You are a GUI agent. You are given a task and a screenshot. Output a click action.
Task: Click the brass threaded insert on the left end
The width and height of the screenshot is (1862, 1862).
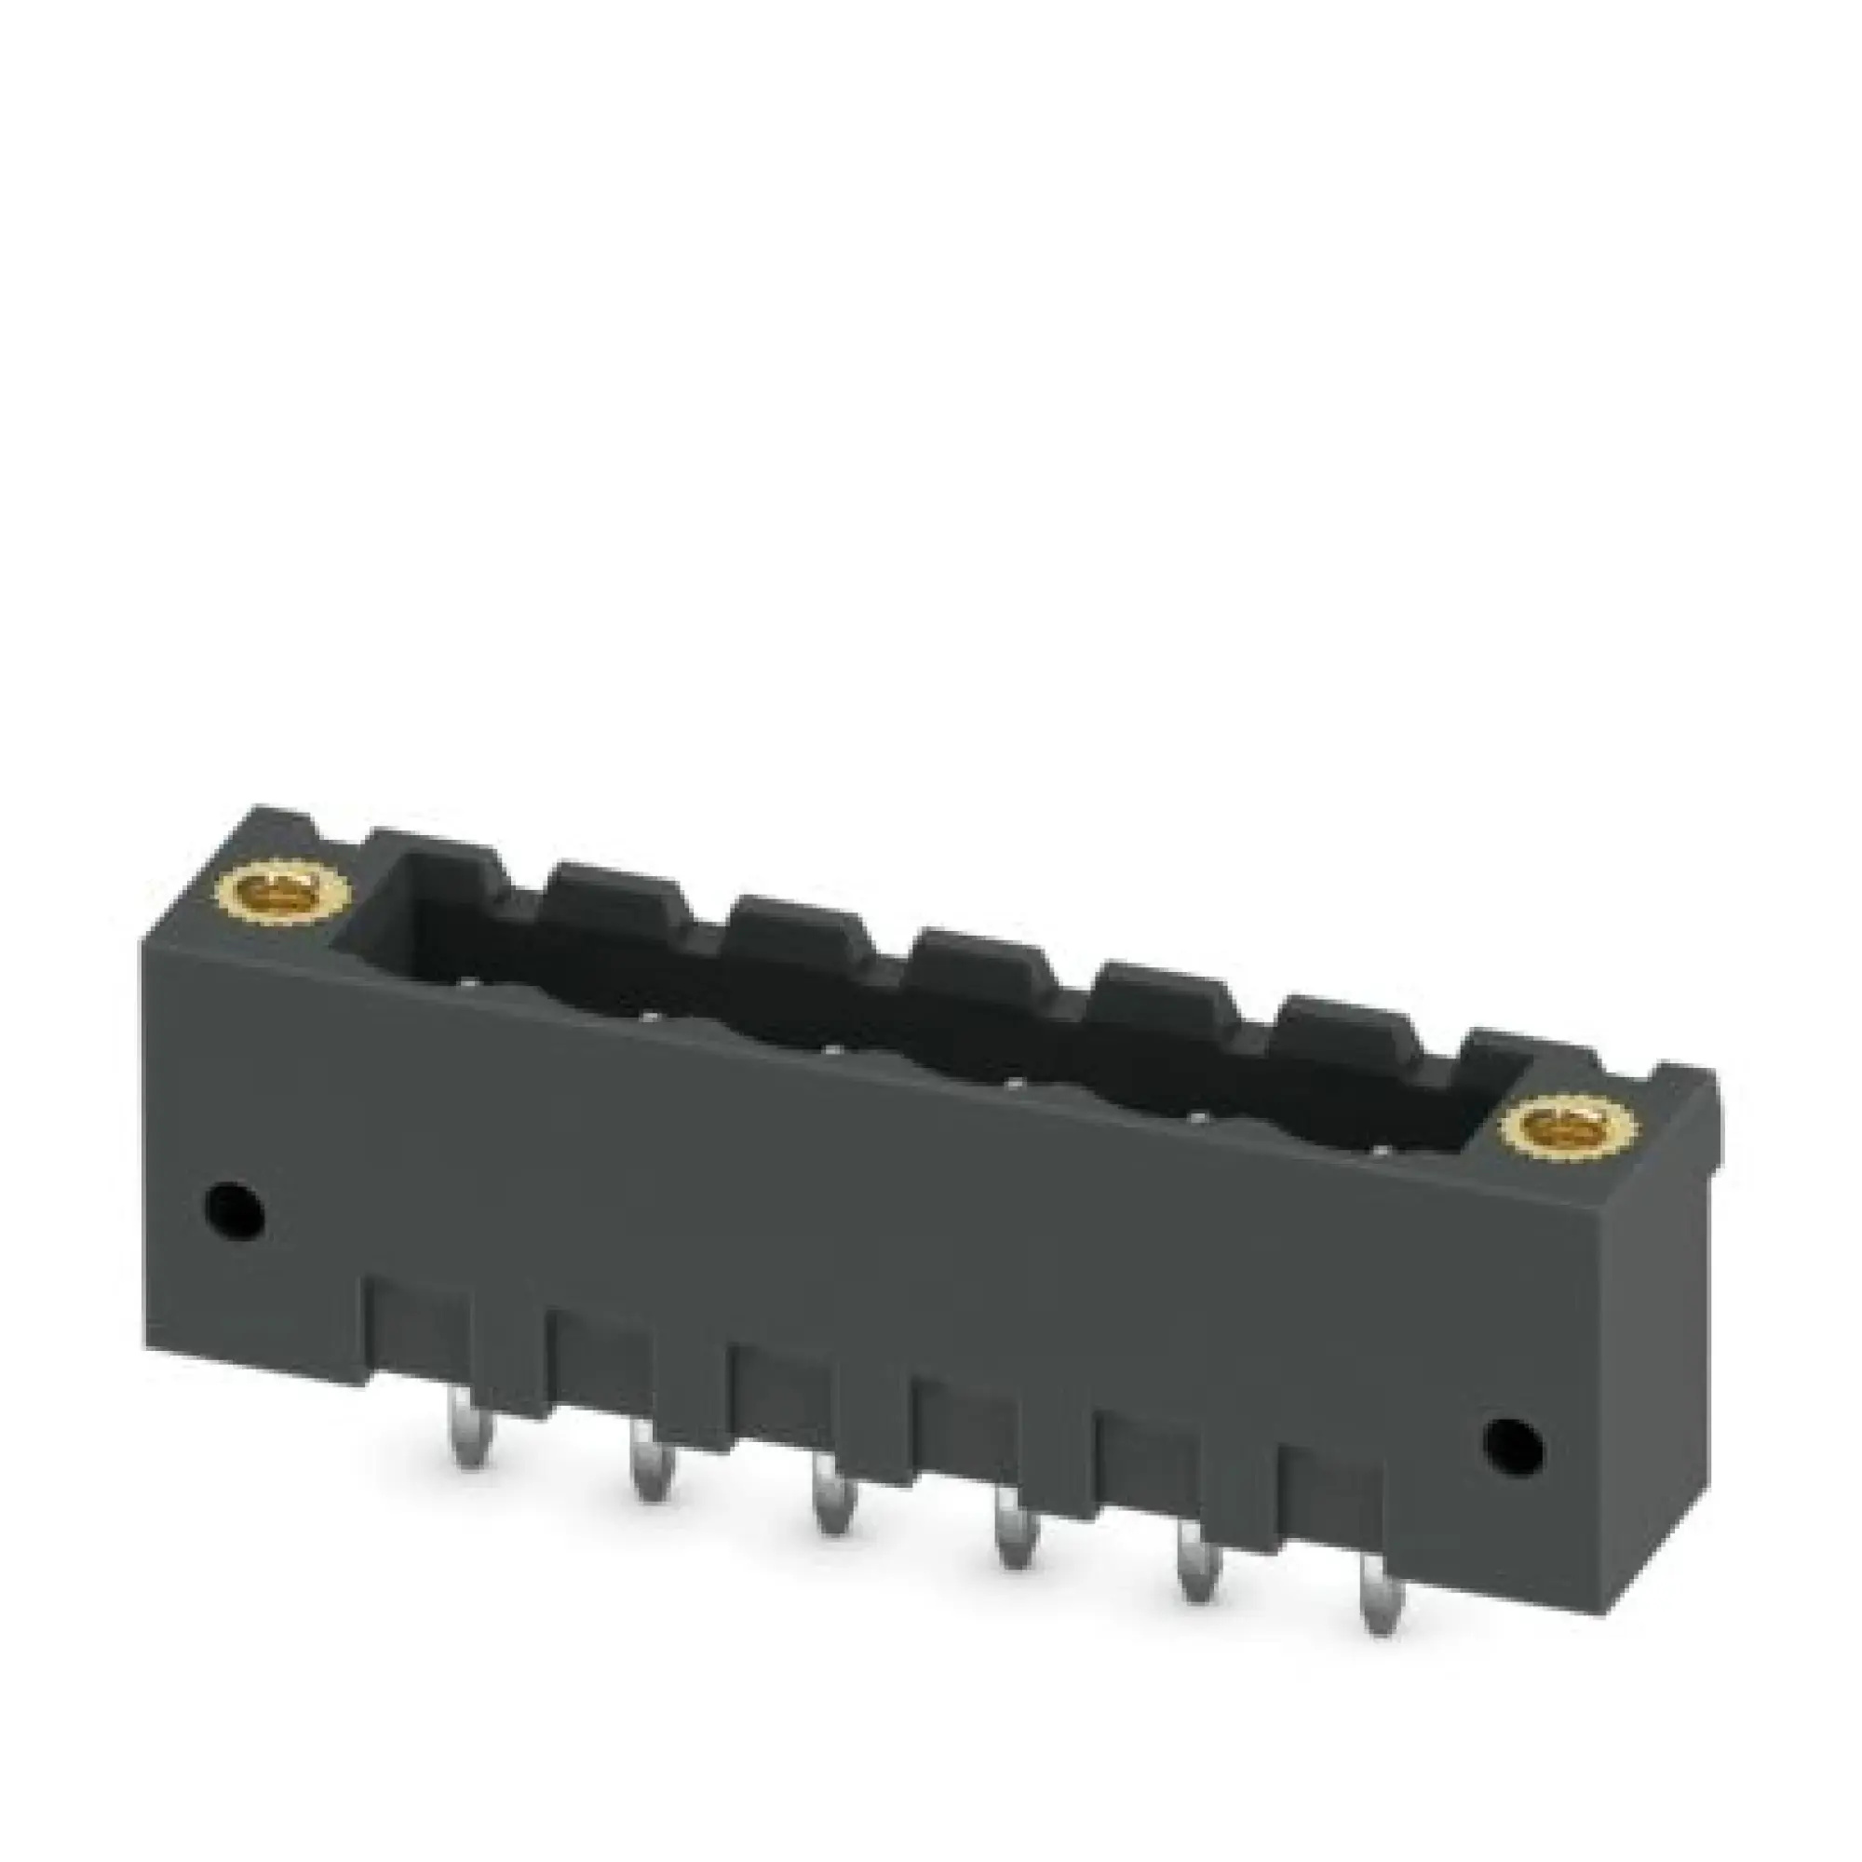262,886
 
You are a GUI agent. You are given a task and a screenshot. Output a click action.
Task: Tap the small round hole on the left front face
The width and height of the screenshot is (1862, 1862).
236,1204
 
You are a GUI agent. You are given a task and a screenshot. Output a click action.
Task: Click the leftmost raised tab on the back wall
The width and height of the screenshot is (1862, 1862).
436,846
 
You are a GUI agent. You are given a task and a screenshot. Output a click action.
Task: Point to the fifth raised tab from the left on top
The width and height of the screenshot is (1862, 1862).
1162,985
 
